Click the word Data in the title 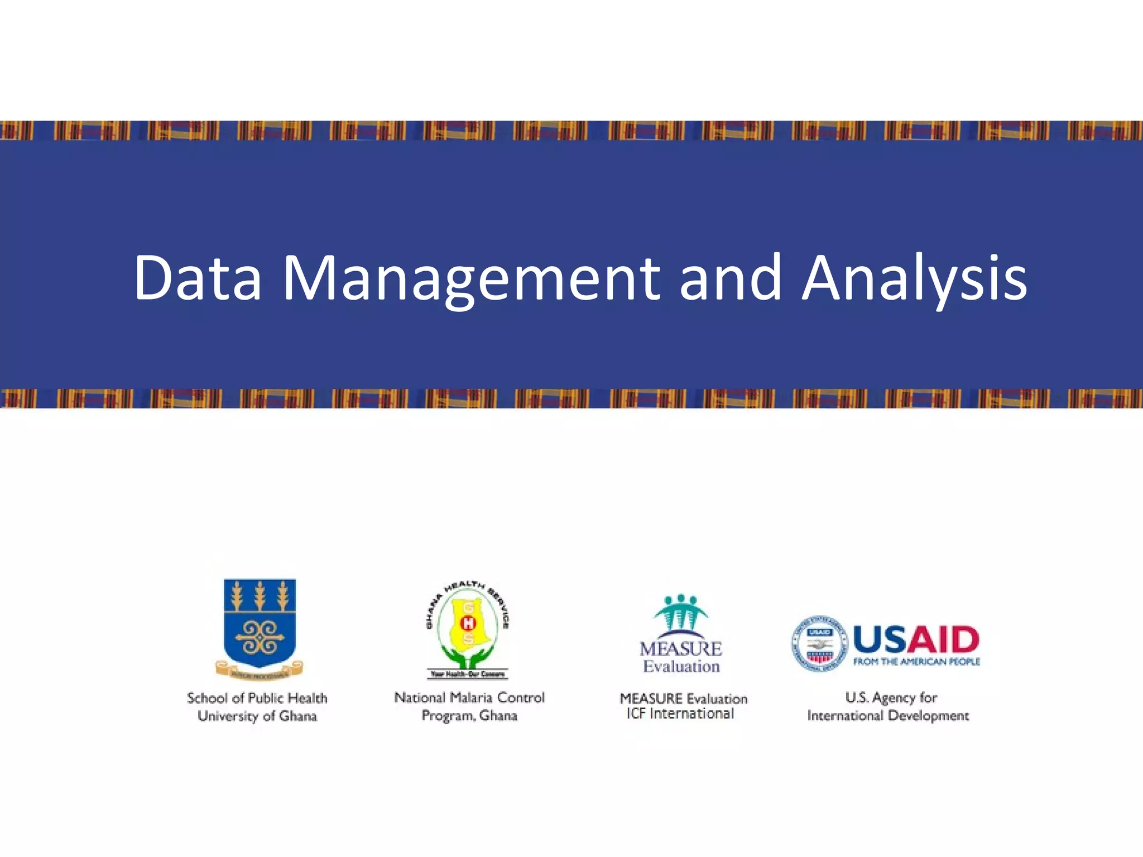[x=198, y=278]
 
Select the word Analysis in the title [x=914, y=278]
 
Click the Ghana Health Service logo [x=468, y=630]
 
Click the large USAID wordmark [x=916, y=639]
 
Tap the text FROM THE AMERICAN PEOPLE [x=916, y=662]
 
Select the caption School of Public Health [x=257, y=698]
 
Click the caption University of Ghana [x=257, y=716]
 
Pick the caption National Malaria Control [x=469, y=697]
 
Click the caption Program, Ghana [x=469, y=715]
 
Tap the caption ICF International [x=680, y=714]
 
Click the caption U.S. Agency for [x=891, y=697]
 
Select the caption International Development [x=888, y=715]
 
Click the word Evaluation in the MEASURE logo [x=681, y=666]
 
